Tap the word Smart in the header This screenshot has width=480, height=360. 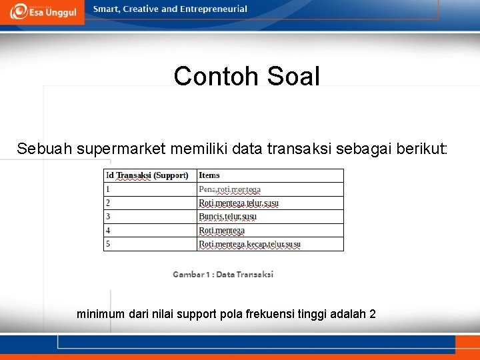tap(107, 9)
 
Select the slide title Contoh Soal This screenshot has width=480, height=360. tap(247, 77)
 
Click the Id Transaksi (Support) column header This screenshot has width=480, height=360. tap(147, 175)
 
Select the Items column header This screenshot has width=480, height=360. tap(209, 175)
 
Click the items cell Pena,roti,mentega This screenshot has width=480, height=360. tap(229, 189)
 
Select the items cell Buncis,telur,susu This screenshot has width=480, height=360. tap(227, 217)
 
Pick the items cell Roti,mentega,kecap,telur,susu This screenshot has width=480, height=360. tap(249, 244)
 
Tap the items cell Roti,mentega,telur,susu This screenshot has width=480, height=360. tap(239, 203)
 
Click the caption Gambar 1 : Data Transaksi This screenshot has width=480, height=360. tap(223, 274)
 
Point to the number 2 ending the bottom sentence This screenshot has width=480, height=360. tap(373, 313)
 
